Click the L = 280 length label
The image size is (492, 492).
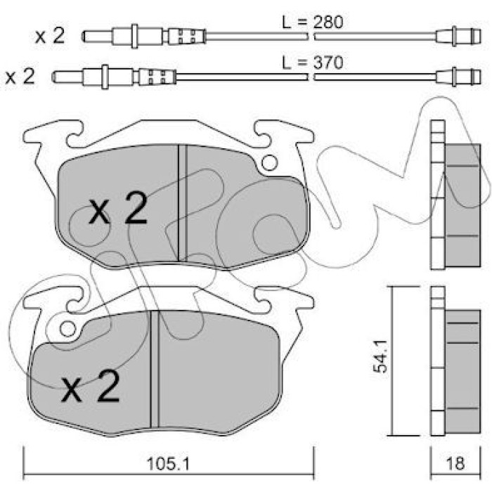tap(313, 22)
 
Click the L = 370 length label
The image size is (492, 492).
tap(313, 63)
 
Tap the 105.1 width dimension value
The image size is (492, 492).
tap(169, 463)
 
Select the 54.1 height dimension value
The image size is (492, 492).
tap(380, 356)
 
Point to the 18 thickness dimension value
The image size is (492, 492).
tap(455, 463)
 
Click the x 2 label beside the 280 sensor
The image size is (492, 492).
tap(50, 36)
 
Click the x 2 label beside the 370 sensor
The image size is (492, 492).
tap(20, 76)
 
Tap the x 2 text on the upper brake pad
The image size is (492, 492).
tap(118, 208)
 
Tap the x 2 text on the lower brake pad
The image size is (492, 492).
tap(91, 386)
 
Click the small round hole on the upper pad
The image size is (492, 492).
tap(269, 163)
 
